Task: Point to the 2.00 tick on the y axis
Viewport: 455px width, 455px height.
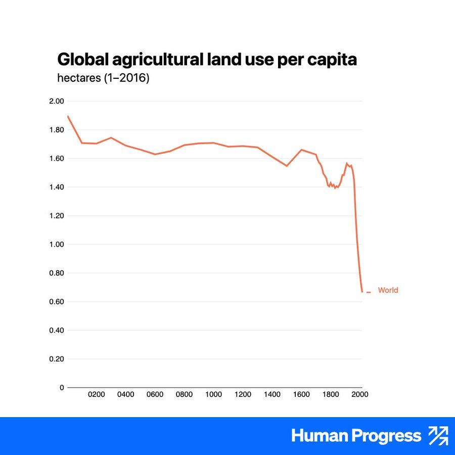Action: coord(57,101)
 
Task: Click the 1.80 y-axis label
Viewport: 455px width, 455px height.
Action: coord(57,130)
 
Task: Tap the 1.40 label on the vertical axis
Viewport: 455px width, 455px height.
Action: coord(57,187)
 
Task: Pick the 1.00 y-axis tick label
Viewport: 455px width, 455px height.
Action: coord(57,245)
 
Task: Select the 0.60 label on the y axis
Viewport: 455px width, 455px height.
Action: coord(57,302)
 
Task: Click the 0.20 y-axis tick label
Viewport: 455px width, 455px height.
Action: coord(57,359)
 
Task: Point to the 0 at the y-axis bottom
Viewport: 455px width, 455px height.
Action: coord(62,388)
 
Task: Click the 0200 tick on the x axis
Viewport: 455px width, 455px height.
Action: coord(97,394)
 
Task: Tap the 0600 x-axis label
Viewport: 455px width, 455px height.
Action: coord(155,394)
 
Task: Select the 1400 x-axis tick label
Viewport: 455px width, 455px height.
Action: coord(272,394)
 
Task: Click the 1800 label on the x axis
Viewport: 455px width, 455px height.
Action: coord(331,394)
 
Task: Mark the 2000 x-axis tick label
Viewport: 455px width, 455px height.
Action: coord(360,394)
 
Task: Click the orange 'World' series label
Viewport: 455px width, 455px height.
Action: coord(388,290)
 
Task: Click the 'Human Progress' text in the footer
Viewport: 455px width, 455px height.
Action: coord(356,436)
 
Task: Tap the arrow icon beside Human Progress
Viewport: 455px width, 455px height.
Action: coord(438,436)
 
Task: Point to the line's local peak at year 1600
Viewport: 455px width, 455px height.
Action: coord(301,150)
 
